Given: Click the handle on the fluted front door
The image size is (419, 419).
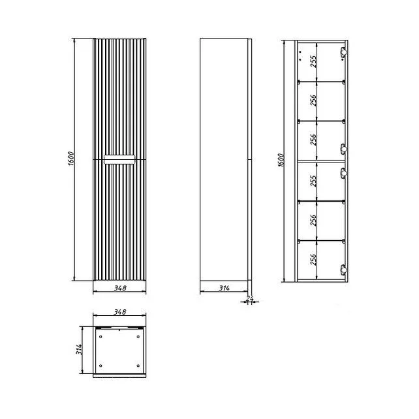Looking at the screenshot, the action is [x=119, y=159].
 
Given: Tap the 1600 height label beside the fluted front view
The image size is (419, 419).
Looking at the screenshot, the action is [x=71, y=159].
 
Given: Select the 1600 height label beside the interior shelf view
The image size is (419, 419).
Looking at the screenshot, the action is [x=281, y=160].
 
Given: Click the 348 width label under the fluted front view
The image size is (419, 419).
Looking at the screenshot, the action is [x=120, y=288].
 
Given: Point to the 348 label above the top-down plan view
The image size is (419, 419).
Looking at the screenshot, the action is [x=120, y=311].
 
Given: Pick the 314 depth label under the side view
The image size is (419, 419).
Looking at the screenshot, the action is [x=225, y=288].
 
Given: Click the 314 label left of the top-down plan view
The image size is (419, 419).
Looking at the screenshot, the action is [x=79, y=349].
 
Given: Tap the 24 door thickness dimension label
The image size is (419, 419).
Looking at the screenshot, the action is [x=249, y=298].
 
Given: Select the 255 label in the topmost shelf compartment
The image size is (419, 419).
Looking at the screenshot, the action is [x=314, y=61].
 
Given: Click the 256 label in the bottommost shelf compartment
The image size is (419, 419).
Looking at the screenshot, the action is [x=314, y=259].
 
